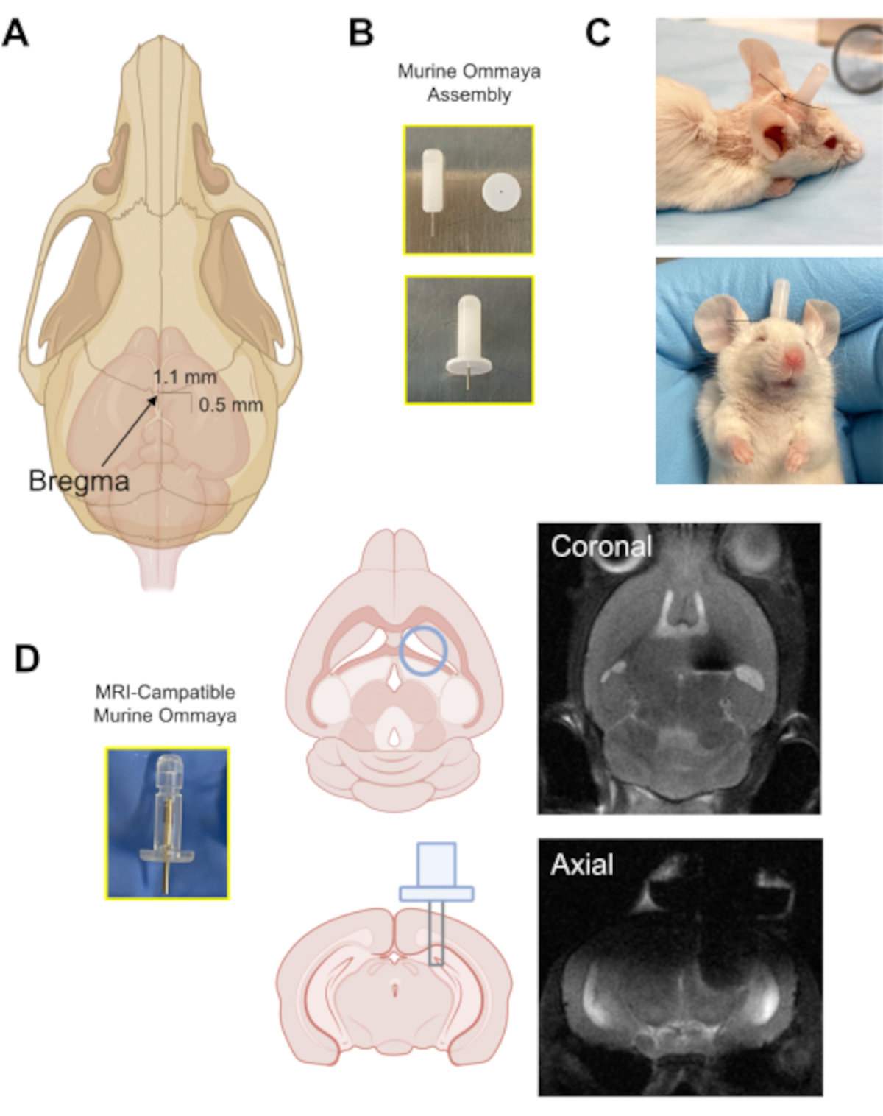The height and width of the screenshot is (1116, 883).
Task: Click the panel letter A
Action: click(x=15, y=33)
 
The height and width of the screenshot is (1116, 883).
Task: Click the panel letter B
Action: click(x=361, y=33)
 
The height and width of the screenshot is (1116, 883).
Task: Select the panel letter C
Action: click(x=597, y=33)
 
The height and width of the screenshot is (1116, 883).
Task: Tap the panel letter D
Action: click(x=26, y=658)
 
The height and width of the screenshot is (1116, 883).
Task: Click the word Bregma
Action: click(x=79, y=481)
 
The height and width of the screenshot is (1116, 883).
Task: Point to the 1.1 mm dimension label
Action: click(x=185, y=377)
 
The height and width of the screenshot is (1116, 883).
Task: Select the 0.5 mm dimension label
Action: click(x=230, y=404)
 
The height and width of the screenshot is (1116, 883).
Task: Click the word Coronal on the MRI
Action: click(x=601, y=546)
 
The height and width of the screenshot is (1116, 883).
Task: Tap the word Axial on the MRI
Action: click(x=581, y=864)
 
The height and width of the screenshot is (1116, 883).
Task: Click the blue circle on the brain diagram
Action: click(x=423, y=651)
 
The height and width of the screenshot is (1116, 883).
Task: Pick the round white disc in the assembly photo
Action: click(x=501, y=192)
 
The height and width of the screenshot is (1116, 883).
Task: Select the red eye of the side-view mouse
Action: click(x=829, y=141)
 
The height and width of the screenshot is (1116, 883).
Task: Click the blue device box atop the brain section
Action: click(x=436, y=865)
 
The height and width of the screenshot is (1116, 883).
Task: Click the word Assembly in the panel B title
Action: click(x=469, y=95)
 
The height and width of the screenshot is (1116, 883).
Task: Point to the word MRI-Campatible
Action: click(x=165, y=692)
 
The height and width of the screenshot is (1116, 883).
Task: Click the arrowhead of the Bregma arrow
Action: click(x=154, y=399)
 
